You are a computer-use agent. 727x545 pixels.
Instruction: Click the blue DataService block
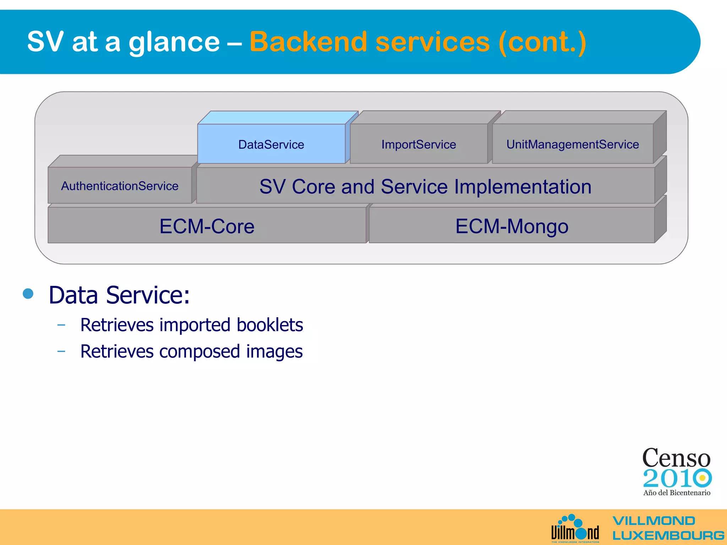click(271, 144)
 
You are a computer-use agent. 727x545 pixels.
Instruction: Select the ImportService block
click(419, 144)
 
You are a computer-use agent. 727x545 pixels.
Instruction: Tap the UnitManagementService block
click(572, 144)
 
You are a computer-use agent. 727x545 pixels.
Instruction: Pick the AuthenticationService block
click(120, 186)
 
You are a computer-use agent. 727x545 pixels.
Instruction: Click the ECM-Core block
click(207, 226)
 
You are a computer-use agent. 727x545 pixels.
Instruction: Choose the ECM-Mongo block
click(512, 226)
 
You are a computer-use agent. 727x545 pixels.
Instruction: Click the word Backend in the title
click(308, 42)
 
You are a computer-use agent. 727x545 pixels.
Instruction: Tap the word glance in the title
click(174, 43)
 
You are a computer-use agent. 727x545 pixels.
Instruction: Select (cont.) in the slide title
click(542, 43)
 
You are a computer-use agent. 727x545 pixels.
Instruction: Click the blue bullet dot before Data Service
click(28, 293)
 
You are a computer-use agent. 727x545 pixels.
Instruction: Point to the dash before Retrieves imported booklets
click(61, 325)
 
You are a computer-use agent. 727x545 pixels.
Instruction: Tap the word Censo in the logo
click(676, 458)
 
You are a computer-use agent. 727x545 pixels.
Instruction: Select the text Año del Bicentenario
click(677, 492)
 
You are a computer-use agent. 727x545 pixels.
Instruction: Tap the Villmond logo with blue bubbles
click(575, 529)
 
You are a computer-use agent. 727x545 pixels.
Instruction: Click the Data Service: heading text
click(119, 295)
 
